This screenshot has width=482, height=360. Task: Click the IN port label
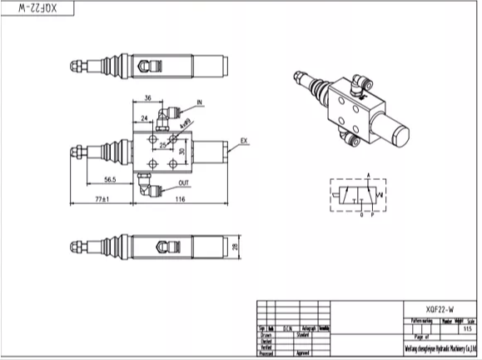coord(200,103)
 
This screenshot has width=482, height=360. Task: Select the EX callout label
coord(244,140)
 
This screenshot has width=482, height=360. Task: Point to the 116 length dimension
coord(181,199)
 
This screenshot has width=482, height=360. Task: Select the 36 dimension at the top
coord(148,97)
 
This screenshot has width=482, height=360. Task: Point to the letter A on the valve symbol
coord(367,173)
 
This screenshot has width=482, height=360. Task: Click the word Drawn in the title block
coord(268,335)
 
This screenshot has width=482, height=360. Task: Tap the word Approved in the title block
coord(304,353)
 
